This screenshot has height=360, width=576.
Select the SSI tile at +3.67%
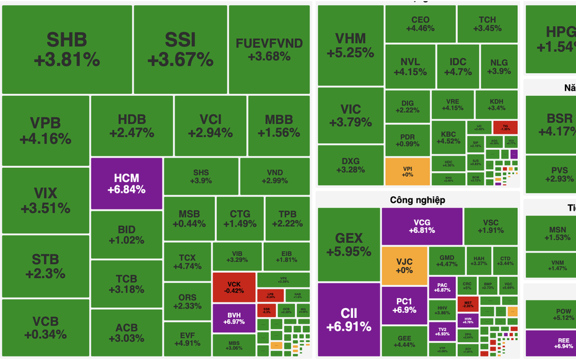(180, 50)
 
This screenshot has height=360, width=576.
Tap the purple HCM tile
(126, 183)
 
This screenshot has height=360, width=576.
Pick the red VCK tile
(234, 288)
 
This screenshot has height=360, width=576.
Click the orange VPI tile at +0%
(408, 172)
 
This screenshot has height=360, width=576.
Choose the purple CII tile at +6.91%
(349, 319)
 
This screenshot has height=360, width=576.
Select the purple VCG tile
(422, 226)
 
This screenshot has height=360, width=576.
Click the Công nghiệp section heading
(417, 200)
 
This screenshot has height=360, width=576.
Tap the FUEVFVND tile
(269, 50)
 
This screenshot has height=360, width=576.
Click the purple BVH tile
(234, 318)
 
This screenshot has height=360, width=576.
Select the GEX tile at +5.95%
(349, 244)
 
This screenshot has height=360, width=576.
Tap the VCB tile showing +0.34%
(46, 328)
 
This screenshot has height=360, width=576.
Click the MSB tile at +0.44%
(189, 219)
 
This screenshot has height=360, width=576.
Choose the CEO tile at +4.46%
(420, 24)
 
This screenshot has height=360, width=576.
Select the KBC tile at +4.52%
(448, 138)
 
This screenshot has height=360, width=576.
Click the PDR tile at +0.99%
(408, 140)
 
